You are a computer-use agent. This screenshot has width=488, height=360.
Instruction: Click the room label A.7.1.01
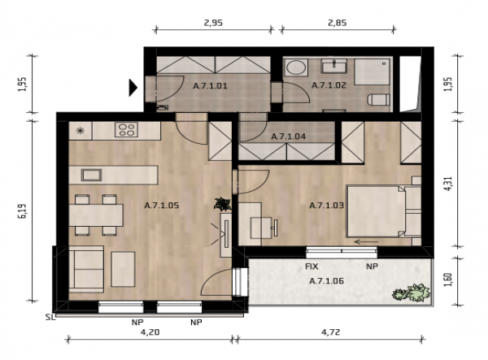pyautogui.click(x=210, y=86)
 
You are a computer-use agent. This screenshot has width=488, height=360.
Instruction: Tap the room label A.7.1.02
pyautogui.click(x=329, y=85)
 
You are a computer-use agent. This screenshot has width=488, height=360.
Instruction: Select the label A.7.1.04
pyautogui.click(x=288, y=137)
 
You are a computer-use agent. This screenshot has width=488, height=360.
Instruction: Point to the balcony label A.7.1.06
pyautogui.click(x=326, y=281)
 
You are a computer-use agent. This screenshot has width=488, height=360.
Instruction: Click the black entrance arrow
pyautogui.click(x=133, y=87)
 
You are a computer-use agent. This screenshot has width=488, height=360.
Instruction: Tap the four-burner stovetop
pyautogui.click(x=126, y=130)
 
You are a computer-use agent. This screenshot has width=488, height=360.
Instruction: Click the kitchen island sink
pyautogui.click(x=91, y=175)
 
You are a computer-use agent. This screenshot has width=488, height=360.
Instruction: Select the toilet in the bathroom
pyautogui.click(x=379, y=99)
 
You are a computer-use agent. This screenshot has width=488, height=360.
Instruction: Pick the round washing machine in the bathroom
pyautogui.click(x=296, y=67)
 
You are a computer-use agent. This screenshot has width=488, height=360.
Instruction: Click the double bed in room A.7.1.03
pyautogui.click(x=384, y=211)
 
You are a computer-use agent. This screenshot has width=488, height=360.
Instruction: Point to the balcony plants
pyautogui.click(x=411, y=293)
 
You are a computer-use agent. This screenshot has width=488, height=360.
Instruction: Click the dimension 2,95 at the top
pyautogui.click(x=213, y=23)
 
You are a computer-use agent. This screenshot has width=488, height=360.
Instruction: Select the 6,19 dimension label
pyautogui.click(x=23, y=211)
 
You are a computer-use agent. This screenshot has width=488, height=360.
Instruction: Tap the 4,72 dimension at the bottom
pyautogui.click(x=330, y=332)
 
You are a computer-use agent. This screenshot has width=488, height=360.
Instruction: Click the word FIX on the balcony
pyautogui.click(x=312, y=267)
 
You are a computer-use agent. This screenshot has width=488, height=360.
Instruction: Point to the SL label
pyautogui.click(x=50, y=318)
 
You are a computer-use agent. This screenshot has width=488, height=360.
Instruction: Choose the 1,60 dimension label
pyautogui.click(x=448, y=280)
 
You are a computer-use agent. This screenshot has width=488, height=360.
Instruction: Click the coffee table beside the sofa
pyautogui.click(x=124, y=269)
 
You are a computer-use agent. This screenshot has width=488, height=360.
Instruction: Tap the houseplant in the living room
pyautogui.click(x=223, y=204)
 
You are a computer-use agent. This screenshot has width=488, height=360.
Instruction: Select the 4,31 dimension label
pyautogui.click(x=448, y=184)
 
